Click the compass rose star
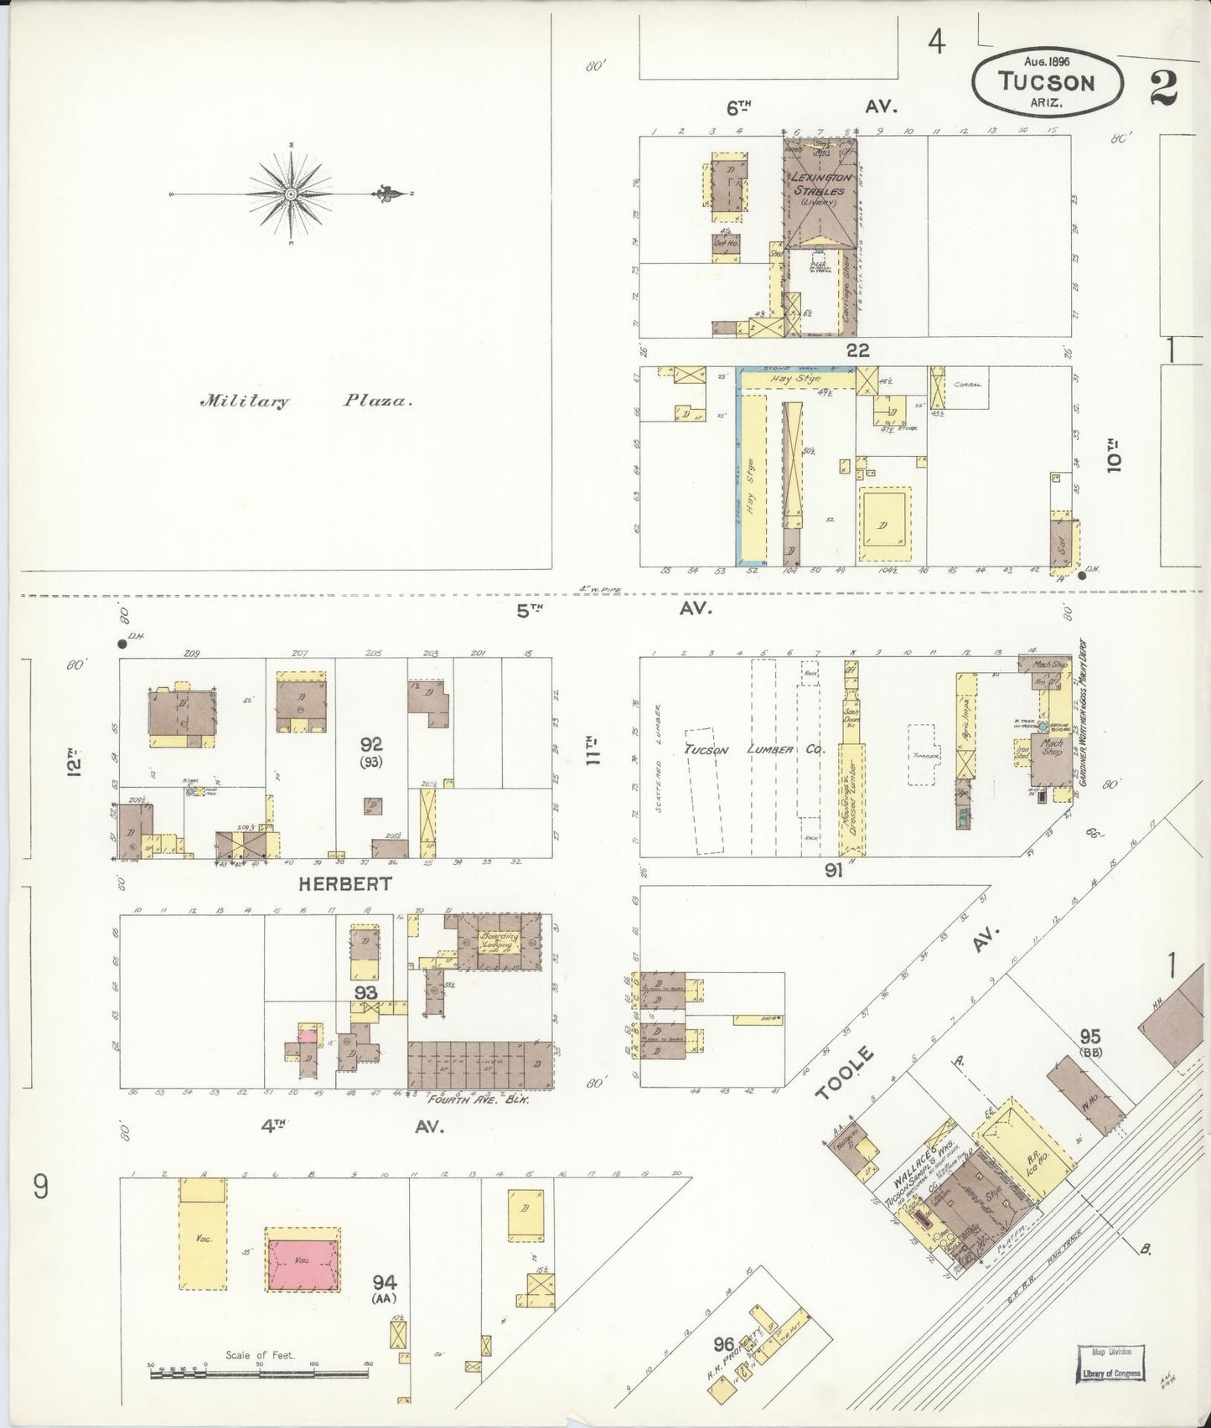[290, 194]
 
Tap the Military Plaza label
[306, 401]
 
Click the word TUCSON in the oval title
[1046, 82]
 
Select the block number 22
[857, 350]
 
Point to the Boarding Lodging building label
[501, 942]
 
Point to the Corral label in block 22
[967, 385]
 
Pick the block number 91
[832, 870]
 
